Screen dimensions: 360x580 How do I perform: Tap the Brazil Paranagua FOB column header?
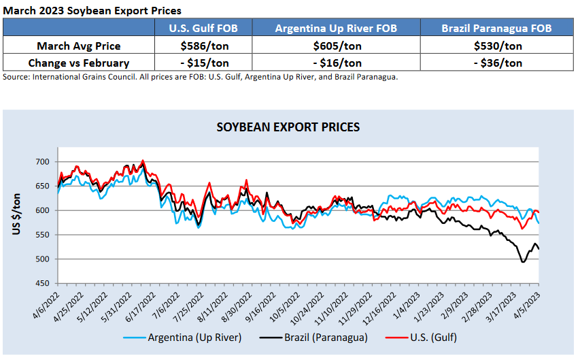tap(496, 28)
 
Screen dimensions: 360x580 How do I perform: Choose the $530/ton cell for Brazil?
tap(496, 46)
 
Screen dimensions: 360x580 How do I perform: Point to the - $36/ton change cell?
tap(496, 63)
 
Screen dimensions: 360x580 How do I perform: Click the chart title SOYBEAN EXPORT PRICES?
tap(288, 127)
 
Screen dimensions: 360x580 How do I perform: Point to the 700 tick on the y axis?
tap(43, 162)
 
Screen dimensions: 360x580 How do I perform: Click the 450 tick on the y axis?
tap(43, 283)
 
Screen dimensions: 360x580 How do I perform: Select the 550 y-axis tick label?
tap(43, 235)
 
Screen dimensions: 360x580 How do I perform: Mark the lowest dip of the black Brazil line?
tap(522, 262)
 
